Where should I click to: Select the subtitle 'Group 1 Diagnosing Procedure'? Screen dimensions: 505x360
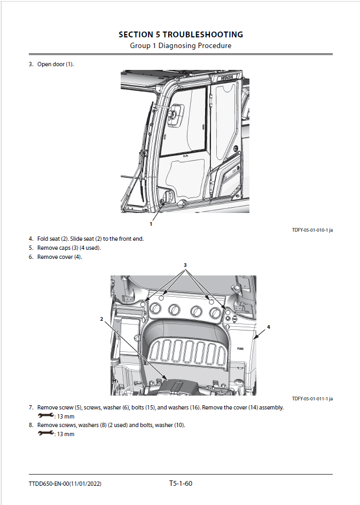click(x=181, y=46)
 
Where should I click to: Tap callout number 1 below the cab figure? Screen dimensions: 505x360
click(x=151, y=224)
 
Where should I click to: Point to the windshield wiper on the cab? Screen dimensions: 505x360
click(x=143, y=155)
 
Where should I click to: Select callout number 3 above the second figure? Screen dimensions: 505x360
click(x=185, y=265)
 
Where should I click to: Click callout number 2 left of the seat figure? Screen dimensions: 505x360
click(x=101, y=319)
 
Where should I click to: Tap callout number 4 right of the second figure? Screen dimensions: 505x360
click(x=269, y=326)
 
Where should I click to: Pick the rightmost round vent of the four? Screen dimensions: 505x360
click(x=216, y=312)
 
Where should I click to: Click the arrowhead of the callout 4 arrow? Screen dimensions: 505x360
click(x=256, y=338)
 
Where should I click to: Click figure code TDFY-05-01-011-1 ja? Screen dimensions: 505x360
click(x=312, y=399)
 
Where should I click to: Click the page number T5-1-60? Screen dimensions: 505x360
click(x=181, y=484)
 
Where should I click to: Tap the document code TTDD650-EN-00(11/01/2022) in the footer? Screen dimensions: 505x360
click(x=65, y=484)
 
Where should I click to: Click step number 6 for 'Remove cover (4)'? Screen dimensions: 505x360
click(x=31, y=257)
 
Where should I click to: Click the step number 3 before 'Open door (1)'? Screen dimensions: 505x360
click(x=31, y=65)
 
